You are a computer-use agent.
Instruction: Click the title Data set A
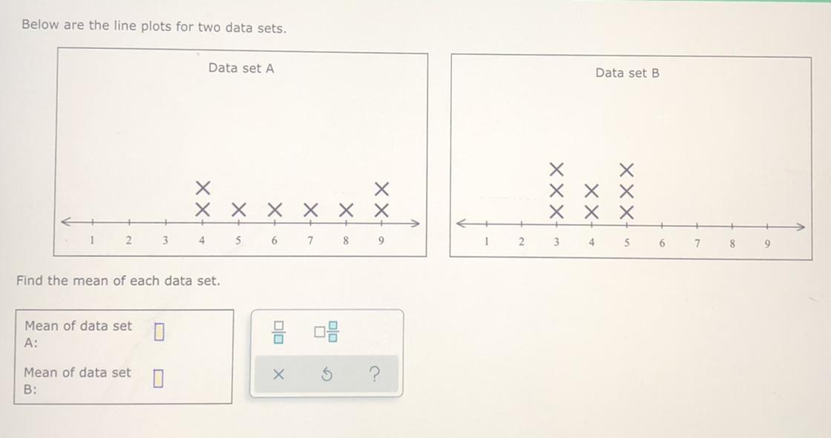[241, 68]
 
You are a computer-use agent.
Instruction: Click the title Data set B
[628, 73]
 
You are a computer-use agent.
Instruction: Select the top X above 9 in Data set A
[381, 189]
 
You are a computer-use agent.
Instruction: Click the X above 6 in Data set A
[274, 210]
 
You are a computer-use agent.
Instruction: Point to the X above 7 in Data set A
[311, 210]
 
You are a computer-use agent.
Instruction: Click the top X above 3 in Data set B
[556, 170]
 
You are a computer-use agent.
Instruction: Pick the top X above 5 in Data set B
[626, 170]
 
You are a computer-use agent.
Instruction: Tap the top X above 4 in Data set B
[591, 191]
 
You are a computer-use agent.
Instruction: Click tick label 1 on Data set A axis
[92, 240]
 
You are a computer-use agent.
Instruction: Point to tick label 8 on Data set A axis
[346, 241]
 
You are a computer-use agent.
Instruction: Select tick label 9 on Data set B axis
[767, 244]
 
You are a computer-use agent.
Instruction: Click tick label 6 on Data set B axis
[662, 243]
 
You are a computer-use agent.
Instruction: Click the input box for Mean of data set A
[159, 332]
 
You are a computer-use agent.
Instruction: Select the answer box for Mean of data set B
[158, 379]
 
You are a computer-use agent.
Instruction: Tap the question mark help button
[374, 375]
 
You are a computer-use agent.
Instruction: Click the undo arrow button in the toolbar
[327, 375]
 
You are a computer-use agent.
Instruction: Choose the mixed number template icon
[326, 332]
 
